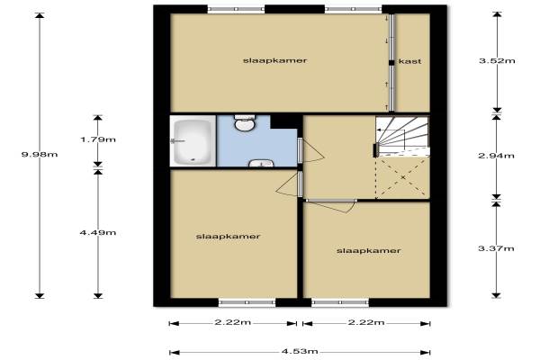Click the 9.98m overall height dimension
tap(40, 154)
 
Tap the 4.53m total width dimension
tap(300, 352)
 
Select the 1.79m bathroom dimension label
tap(98, 139)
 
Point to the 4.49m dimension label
tap(98, 232)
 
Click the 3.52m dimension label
tap(497, 61)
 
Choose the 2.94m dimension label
tap(496, 156)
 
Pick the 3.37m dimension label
tap(496, 248)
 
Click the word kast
tap(409, 61)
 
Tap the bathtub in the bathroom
tap(193, 141)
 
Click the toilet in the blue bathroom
tap(245, 122)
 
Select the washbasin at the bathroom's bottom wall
tap(261, 163)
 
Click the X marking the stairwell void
tap(403, 177)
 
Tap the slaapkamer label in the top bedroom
tap(274, 60)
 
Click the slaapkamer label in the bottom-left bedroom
tap(228, 237)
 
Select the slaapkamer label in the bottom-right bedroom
tap(368, 251)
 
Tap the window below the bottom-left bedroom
tap(247, 302)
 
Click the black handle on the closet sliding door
tap(391, 63)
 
